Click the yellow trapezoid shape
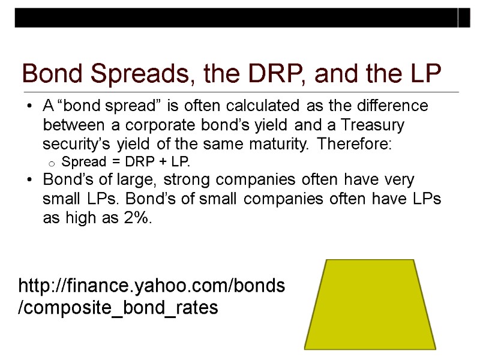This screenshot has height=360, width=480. point(370,304)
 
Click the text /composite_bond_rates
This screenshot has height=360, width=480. point(118,308)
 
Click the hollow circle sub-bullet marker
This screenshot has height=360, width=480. point(52,163)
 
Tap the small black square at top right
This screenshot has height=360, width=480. point(464,18)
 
